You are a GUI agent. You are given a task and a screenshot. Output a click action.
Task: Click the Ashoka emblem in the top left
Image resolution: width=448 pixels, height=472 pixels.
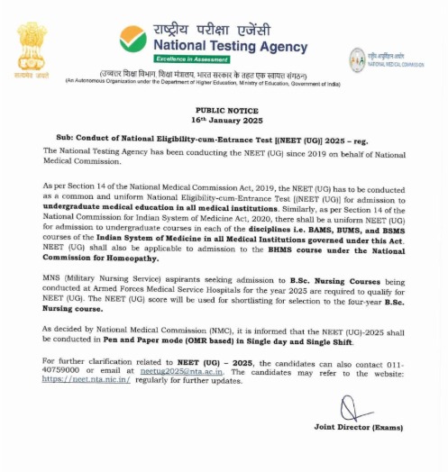31,50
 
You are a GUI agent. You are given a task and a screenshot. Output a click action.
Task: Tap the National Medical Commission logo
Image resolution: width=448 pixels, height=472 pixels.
358,59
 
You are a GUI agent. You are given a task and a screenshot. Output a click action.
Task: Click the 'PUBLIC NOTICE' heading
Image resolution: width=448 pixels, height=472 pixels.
224,111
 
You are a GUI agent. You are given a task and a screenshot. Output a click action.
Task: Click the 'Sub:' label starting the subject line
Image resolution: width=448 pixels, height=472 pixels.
65,138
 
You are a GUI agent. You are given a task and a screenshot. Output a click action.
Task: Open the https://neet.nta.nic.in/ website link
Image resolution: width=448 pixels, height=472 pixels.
87,380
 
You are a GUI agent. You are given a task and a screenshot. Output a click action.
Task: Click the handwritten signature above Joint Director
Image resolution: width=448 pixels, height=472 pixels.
354,410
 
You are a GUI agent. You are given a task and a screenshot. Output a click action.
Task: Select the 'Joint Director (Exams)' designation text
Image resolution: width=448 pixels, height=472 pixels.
358,427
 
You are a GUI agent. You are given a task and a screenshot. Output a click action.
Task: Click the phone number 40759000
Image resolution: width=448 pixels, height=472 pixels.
61,371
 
